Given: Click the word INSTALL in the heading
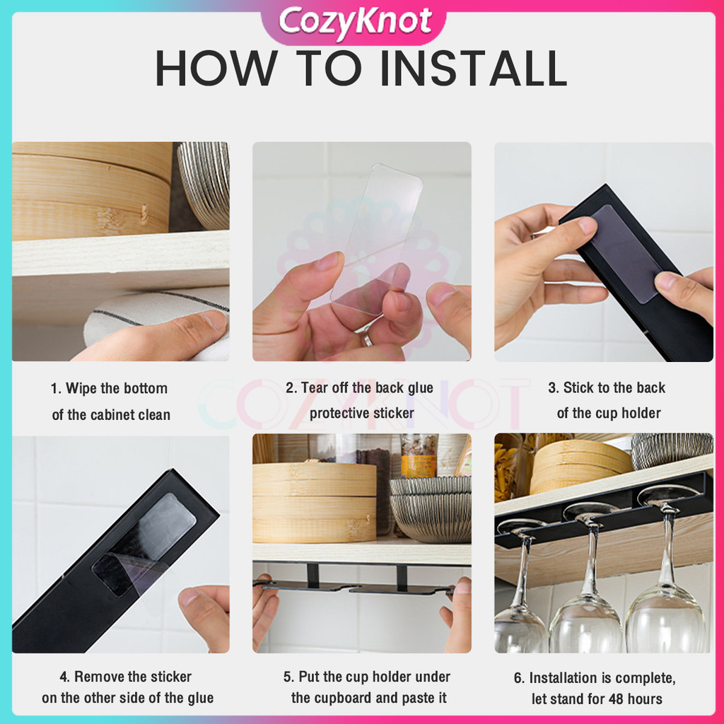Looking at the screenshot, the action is click(x=474, y=69).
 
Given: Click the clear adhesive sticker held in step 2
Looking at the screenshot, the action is click(x=376, y=239).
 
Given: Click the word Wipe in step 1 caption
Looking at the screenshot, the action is click(x=82, y=388).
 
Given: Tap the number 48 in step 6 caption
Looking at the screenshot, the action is click(x=616, y=699).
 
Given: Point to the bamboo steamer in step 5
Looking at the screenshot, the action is click(x=315, y=503).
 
